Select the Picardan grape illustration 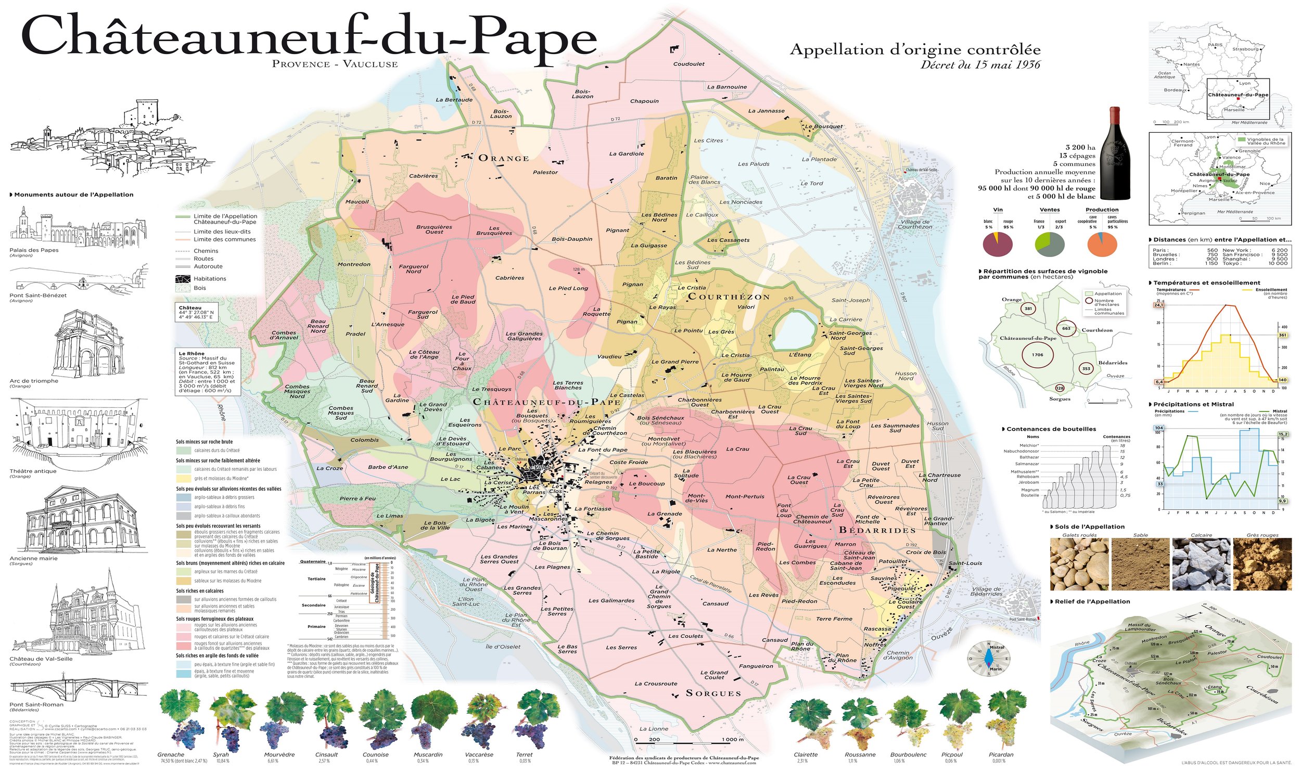click(1000, 720)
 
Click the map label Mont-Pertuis click(745, 496)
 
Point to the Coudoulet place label click(688, 64)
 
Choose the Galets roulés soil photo click(1079, 564)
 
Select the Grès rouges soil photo click(1262, 564)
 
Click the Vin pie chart click(998, 243)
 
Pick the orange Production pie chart click(1102, 243)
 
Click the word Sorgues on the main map click(713, 693)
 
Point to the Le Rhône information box click(208, 371)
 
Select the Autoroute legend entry click(208, 266)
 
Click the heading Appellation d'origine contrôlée click(915, 50)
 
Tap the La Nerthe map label click(722, 550)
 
